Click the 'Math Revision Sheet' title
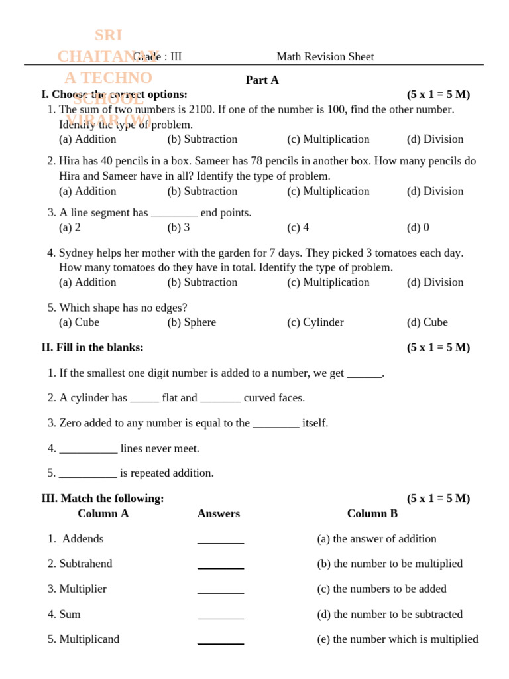click(x=325, y=57)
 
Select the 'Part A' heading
click(x=262, y=80)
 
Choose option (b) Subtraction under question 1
click(x=202, y=139)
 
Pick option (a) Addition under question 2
click(x=87, y=191)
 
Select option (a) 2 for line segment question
click(x=70, y=227)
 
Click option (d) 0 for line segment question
click(x=418, y=227)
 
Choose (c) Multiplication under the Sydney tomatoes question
click(x=328, y=282)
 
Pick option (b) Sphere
click(x=192, y=322)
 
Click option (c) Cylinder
click(x=315, y=322)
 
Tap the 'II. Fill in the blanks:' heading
click(x=92, y=347)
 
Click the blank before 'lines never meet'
click(x=88, y=449)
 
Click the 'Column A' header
click(x=103, y=513)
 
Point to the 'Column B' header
click(x=372, y=513)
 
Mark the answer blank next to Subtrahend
click(x=220, y=565)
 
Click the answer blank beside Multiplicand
click(x=220, y=641)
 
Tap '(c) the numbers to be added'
click(x=382, y=589)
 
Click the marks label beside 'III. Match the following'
click(x=438, y=499)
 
